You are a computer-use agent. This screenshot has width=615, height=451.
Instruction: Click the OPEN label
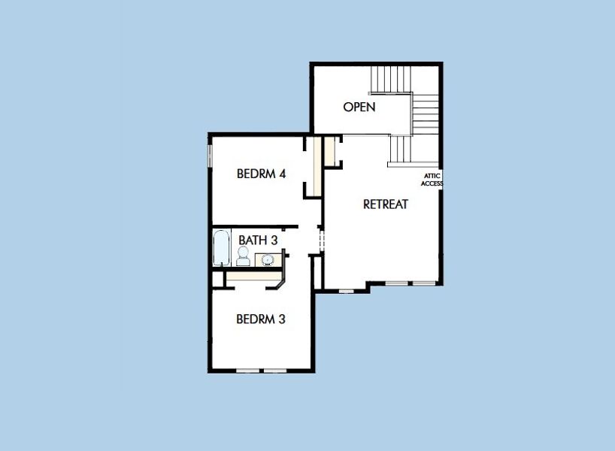point(359,107)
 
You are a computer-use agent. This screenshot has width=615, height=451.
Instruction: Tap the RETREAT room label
point(385,204)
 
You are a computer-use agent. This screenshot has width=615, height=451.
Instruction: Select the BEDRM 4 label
point(261,174)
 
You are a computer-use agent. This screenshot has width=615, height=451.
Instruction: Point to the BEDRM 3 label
point(260,319)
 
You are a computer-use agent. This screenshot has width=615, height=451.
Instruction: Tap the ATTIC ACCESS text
point(432,179)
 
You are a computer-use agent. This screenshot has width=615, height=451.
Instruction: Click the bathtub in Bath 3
point(221,249)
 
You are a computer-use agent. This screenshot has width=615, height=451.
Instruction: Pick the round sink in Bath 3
point(268,260)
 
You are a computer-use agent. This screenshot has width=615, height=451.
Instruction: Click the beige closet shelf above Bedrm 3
point(252,277)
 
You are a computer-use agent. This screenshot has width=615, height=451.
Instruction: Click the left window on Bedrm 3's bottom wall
point(247,371)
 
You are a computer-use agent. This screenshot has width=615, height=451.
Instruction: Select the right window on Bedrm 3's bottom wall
point(274,371)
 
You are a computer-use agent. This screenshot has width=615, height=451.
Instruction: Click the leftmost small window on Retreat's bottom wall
point(346,290)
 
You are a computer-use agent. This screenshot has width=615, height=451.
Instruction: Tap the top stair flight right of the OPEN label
point(390,78)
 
